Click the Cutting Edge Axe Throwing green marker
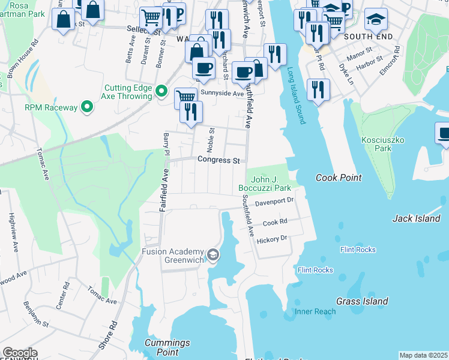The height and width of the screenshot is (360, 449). click(161, 92)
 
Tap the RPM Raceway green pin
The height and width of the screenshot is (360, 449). click(87, 107)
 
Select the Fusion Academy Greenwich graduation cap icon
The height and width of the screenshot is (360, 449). click(212, 256)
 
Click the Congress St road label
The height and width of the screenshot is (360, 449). click(218, 161)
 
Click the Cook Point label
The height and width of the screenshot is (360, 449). click(339, 178)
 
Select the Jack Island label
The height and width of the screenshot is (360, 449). click(416, 218)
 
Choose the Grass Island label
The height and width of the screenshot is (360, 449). click(362, 301)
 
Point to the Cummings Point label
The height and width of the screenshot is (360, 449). click(167, 347)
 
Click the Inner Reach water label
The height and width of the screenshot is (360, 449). click(315, 311)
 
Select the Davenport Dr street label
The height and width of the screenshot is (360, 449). click(273, 202)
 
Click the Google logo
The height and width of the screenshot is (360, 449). click(20, 352)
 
